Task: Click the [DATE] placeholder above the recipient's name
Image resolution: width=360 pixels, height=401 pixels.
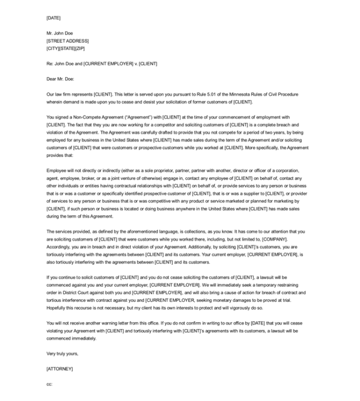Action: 53,18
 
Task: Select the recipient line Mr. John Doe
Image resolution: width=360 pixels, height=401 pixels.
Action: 59,33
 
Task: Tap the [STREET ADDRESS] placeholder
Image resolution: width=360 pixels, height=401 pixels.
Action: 67,41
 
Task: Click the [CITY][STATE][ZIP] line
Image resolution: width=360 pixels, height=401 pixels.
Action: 65,48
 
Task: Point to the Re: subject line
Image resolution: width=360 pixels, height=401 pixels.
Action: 101,64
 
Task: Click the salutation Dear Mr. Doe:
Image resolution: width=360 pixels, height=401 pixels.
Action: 60,79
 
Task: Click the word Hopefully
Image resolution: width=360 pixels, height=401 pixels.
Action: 58,308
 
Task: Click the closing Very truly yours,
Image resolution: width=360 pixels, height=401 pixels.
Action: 62,353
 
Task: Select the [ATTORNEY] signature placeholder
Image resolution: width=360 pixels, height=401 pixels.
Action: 59,369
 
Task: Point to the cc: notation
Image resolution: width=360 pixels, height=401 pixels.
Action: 49,384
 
